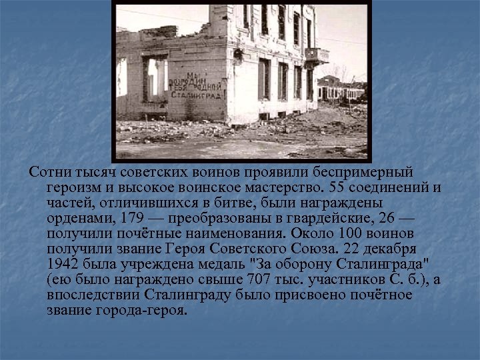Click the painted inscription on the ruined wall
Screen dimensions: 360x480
tap(196, 86)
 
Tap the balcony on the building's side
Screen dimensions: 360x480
tap(316, 55)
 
